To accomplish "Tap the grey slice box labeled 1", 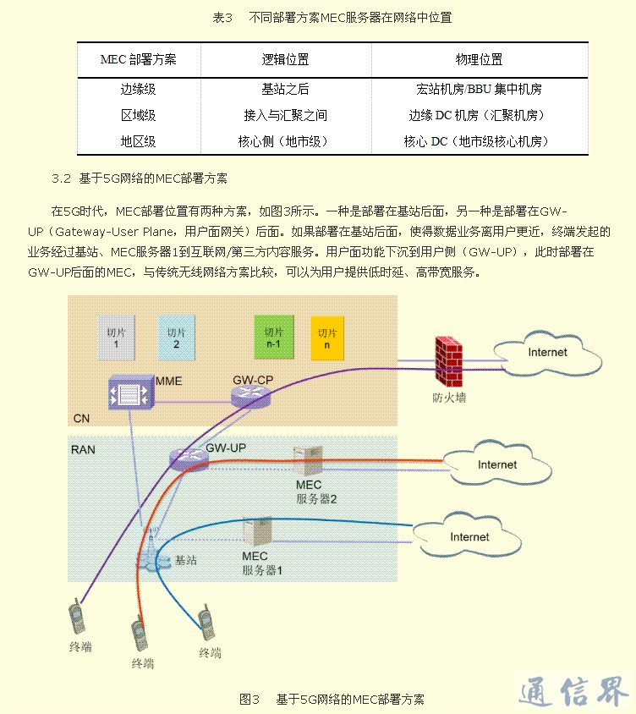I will click(116, 338).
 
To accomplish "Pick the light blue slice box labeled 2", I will click(175, 337).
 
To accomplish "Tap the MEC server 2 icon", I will click(305, 462).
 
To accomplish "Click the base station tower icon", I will click(152, 550).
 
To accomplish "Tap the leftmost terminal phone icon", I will click(77, 618).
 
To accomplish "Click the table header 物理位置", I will click(479, 60).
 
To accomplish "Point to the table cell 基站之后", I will click(285, 89).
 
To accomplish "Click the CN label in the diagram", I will click(81, 418).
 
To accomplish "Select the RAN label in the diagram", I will click(83, 449).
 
